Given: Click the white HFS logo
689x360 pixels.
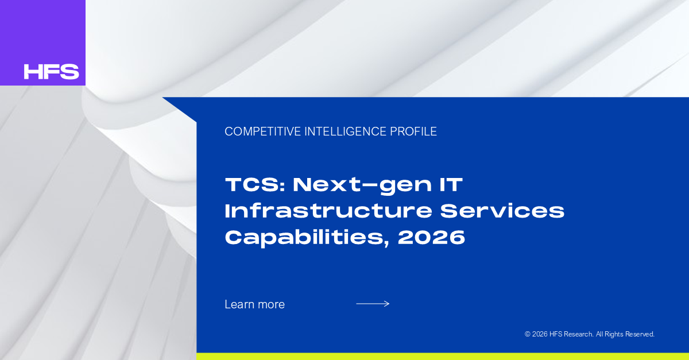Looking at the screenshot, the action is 51,72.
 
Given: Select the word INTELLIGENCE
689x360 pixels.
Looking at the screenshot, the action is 346,131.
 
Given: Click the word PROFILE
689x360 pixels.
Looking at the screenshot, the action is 413,131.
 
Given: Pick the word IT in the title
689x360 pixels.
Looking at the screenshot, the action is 451,185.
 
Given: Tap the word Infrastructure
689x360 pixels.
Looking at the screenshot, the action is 329,211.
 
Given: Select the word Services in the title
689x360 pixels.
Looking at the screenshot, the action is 502,211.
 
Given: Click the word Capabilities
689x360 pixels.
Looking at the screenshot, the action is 307,238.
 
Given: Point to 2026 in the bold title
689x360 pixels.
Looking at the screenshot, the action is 431,237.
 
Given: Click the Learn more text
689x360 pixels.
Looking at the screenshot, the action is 255,304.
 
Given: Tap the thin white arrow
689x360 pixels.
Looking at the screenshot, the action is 373,304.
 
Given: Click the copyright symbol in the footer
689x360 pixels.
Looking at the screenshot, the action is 528,334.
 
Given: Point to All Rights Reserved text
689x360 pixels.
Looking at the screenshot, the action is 625,334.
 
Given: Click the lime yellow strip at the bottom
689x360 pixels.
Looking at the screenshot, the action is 443,357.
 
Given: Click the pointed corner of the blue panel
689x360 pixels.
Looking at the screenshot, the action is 162,98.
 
